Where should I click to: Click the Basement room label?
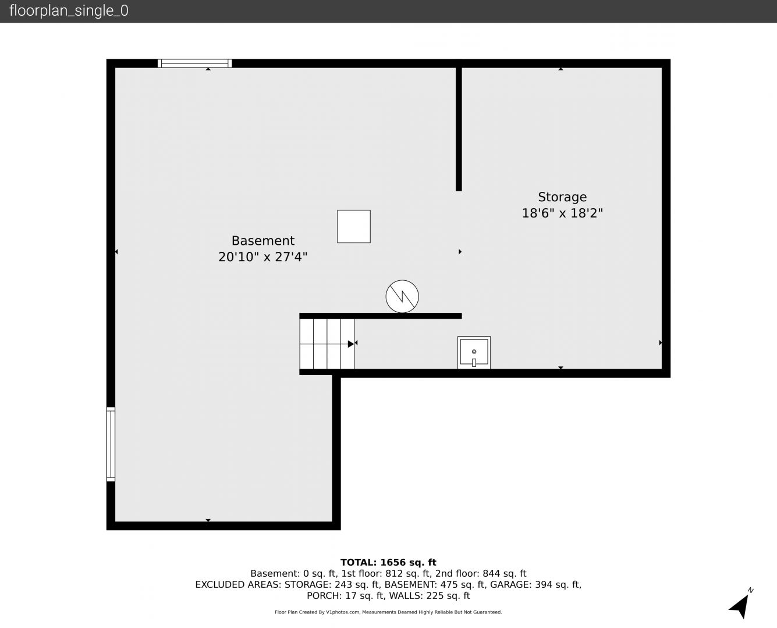(262, 241)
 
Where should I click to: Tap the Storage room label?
(562, 197)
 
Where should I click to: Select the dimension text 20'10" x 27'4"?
(262, 257)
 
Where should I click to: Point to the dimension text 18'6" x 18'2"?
(562, 213)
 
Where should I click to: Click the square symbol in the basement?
(353, 226)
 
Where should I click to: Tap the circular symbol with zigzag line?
(402, 297)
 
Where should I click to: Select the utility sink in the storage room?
(474, 352)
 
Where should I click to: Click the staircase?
(327, 344)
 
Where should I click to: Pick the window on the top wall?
(195, 63)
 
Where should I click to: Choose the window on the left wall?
(111, 444)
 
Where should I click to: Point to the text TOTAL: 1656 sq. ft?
(388, 562)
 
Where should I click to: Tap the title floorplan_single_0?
(69, 11)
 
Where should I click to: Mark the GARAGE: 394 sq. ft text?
(535, 584)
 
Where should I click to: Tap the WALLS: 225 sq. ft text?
(430, 596)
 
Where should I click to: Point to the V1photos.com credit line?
(388, 612)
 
